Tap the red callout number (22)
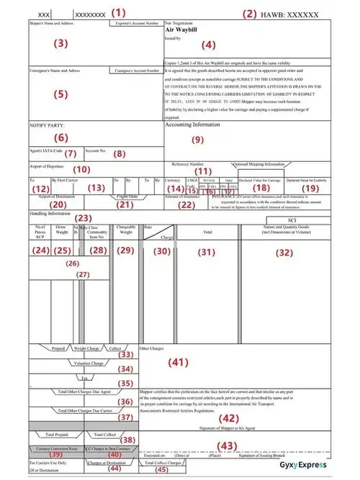tap(186, 204)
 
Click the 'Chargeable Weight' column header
tap(126, 230)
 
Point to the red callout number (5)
tap(60, 94)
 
